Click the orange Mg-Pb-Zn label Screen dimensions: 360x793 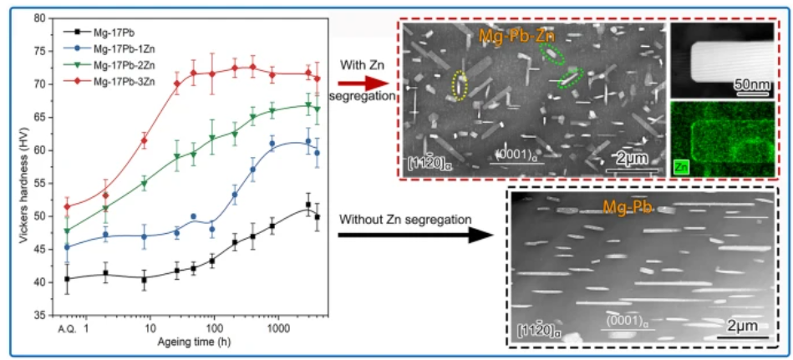(515, 36)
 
